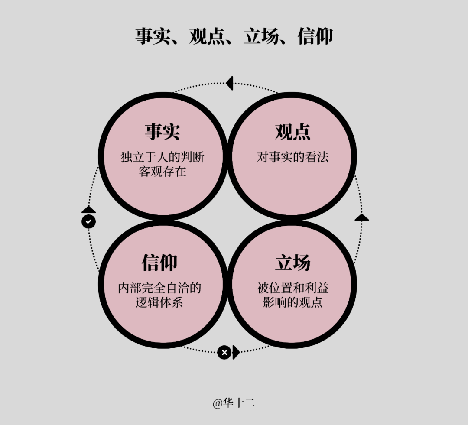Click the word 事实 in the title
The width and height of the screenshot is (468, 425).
(x=153, y=36)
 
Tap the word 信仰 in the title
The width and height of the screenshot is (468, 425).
(x=315, y=36)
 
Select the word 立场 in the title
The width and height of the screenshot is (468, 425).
(x=261, y=36)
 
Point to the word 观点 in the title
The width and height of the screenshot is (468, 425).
(x=207, y=36)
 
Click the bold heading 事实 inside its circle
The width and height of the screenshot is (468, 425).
(x=162, y=132)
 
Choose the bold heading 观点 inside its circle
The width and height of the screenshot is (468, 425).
(x=293, y=132)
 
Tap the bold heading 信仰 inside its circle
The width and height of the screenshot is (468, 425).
(x=159, y=263)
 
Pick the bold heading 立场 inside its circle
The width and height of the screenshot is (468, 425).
(x=293, y=263)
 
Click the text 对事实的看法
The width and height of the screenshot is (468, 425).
(x=293, y=157)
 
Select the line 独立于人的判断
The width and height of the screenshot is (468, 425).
(x=162, y=157)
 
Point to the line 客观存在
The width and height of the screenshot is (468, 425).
(x=162, y=172)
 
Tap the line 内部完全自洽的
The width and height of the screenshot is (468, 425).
(x=159, y=288)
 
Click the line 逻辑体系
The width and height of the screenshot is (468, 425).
(x=159, y=302)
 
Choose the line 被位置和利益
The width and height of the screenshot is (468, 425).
(x=293, y=288)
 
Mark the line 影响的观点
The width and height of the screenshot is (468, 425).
(x=293, y=302)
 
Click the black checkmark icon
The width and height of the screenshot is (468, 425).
(x=89, y=222)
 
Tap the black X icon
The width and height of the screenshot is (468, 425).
(x=224, y=353)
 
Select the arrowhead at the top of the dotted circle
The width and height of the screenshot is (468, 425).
(x=230, y=83)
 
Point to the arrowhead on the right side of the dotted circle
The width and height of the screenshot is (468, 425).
(x=362, y=217)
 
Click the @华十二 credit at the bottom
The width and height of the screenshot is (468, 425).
(x=234, y=403)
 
